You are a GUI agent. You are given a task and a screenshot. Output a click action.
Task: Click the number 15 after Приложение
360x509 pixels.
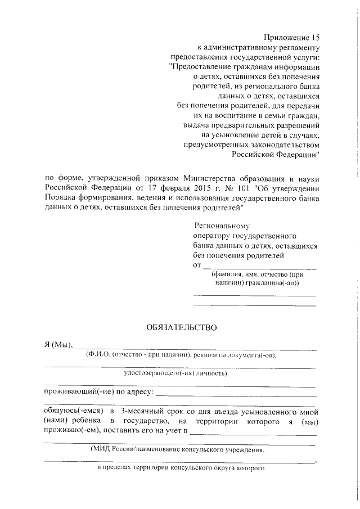(313, 37)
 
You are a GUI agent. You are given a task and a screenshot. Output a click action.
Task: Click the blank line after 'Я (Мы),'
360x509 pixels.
(194, 347)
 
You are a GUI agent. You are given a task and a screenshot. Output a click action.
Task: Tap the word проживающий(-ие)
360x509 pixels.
(73, 391)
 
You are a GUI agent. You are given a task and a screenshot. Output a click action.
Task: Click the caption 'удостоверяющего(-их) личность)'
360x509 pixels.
(175, 373)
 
